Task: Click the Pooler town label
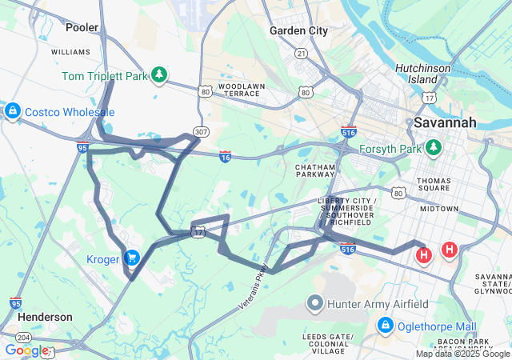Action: pos(82,27)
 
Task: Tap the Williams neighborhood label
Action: pos(70,51)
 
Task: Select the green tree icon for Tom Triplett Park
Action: pos(159,74)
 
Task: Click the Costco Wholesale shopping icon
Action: pos(12,111)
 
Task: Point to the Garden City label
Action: pos(298,30)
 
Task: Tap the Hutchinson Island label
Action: pos(422,74)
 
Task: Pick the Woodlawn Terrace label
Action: pos(239,89)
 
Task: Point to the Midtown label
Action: pos(439,208)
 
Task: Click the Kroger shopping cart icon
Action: pos(132,258)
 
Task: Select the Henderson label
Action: pos(45,317)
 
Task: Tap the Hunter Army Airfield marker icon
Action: pos(314,303)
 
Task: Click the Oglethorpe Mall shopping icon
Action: pos(386,326)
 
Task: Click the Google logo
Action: pos(26,350)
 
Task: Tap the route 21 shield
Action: pos(301,53)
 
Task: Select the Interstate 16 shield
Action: pos(226,157)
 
